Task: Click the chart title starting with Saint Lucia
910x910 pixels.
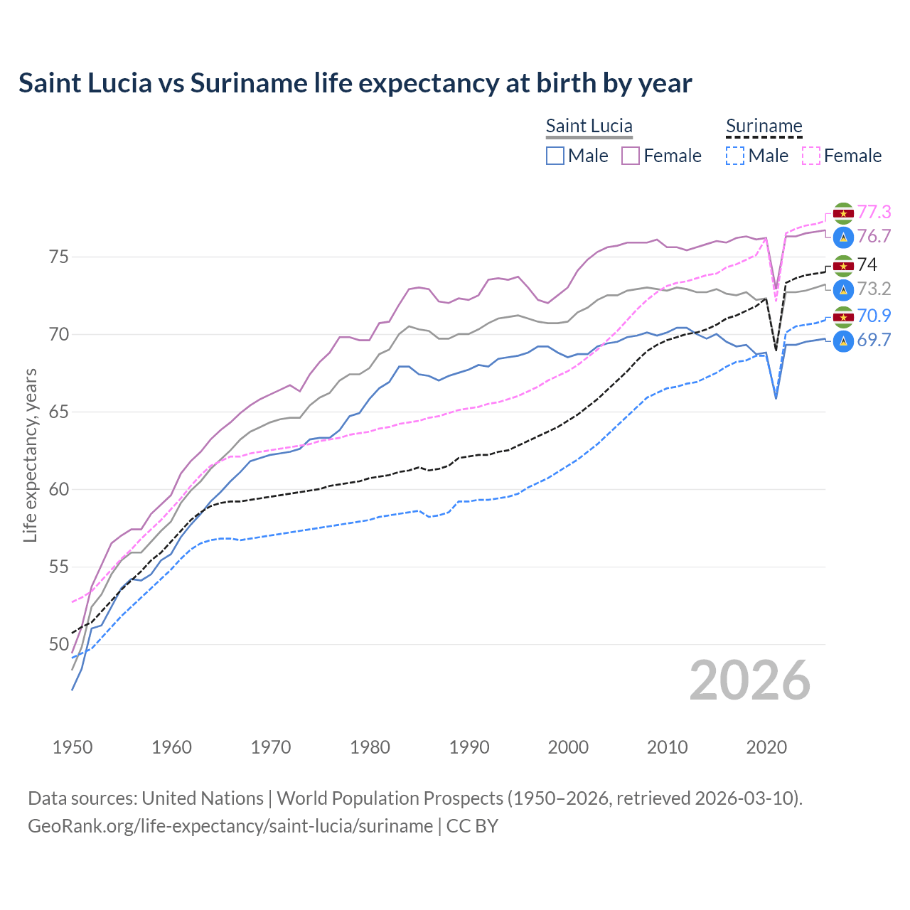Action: pos(355,83)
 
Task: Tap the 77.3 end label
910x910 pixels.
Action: pos(874,212)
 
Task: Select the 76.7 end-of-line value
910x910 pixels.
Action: pos(874,236)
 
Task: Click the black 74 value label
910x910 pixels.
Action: pos(867,264)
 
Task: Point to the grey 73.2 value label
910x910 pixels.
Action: pos(874,289)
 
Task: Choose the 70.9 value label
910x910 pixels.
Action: pos(874,316)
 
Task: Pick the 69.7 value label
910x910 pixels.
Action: pos(874,340)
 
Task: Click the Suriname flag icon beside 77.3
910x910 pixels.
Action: pos(843,213)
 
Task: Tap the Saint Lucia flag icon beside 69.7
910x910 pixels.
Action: pos(843,341)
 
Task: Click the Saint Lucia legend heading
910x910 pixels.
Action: pos(589,126)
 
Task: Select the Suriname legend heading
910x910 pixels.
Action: pos(764,126)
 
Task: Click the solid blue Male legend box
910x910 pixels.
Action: pos(555,156)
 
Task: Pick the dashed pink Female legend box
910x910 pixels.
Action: pos(811,156)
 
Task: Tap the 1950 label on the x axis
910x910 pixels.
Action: pos(73,747)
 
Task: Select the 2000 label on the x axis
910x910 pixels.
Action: pos(568,747)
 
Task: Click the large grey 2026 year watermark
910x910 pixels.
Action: pos(749,680)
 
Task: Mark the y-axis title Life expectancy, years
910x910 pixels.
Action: pos(30,455)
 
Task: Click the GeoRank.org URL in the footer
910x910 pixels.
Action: pos(230,826)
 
